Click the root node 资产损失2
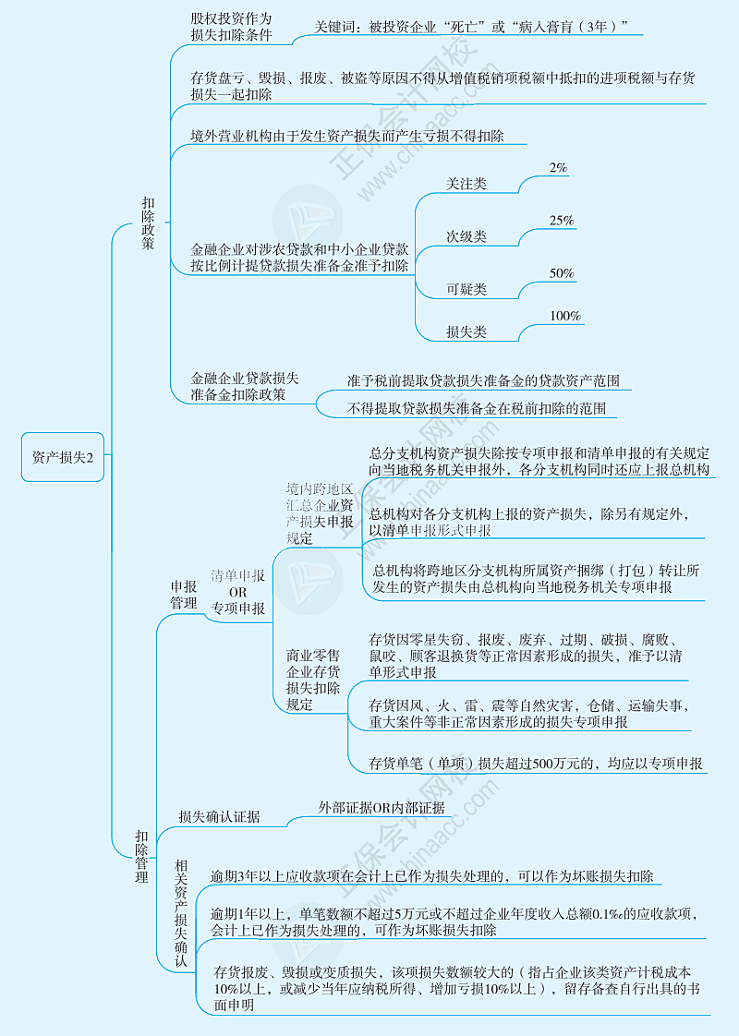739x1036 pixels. (63, 456)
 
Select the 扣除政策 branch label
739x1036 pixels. (148, 223)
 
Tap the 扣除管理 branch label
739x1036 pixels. (141, 856)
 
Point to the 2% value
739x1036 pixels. (558, 168)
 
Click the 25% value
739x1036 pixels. (562, 221)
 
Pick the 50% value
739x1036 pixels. (562, 273)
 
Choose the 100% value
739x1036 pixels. (565, 316)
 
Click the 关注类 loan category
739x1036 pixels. (466, 185)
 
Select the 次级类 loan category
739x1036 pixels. (466, 236)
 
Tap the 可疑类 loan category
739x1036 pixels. (466, 289)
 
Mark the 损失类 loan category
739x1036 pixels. (466, 332)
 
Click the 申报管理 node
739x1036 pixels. (183, 594)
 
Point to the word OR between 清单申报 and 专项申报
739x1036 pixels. (237, 592)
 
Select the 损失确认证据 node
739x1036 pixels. (219, 816)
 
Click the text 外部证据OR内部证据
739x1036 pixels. (382, 808)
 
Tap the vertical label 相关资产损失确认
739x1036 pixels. (181, 912)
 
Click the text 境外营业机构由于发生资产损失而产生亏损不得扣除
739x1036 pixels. (347, 136)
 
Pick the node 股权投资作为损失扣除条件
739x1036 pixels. (232, 27)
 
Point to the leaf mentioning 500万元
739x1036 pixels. (536, 764)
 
